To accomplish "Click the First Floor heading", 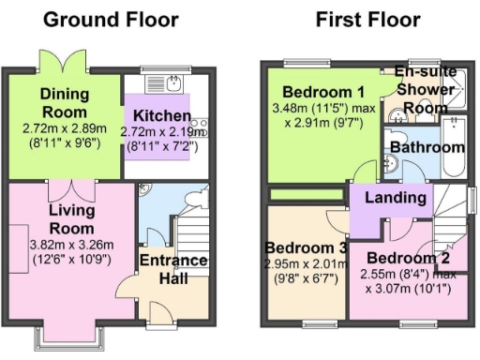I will tap(367, 19).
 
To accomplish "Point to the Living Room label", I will tap(71, 219).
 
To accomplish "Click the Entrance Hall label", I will tap(173, 269).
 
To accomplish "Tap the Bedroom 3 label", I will tap(308, 247).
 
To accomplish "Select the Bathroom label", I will tap(427, 147).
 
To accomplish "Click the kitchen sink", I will tap(174, 84).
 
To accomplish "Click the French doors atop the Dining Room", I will tap(54, 61).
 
